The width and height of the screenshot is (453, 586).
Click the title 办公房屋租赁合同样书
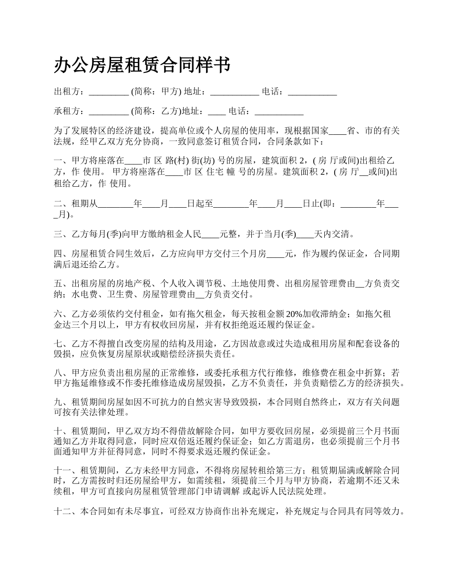[x=142, y=65]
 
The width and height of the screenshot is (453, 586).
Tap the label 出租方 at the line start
[x=67, y=92]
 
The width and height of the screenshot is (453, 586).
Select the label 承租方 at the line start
[x=67, y=112]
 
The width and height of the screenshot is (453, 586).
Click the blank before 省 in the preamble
[x=338, y=131]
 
